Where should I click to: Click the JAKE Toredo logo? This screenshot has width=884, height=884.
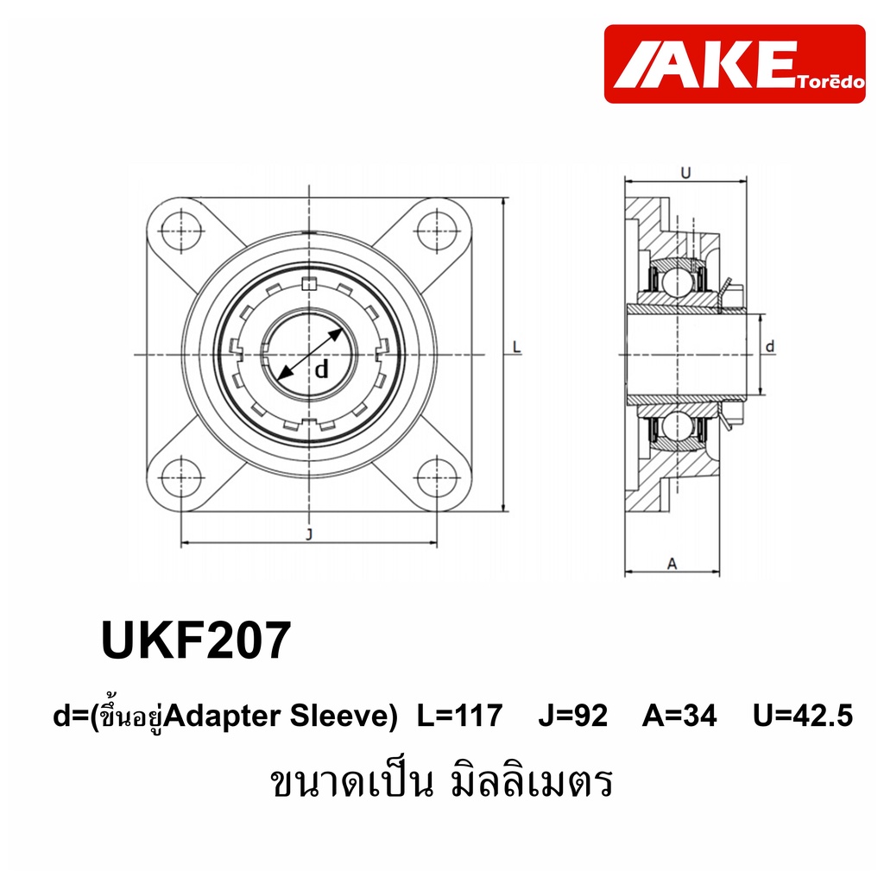click(734, 64)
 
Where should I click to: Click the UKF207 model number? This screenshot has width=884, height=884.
click(196, 640)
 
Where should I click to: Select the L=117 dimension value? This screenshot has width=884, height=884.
click(459, 716)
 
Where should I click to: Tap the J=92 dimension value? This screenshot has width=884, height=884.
click(573, 716)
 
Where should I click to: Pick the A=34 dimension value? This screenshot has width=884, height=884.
click(679, 716)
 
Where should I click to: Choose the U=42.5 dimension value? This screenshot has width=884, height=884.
click(803, 716)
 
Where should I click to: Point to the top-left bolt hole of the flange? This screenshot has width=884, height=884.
click(181, 230)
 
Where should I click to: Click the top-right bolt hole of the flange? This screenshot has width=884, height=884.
click(437, 230)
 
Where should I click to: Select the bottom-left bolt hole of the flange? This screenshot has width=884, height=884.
click(181, 477)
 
